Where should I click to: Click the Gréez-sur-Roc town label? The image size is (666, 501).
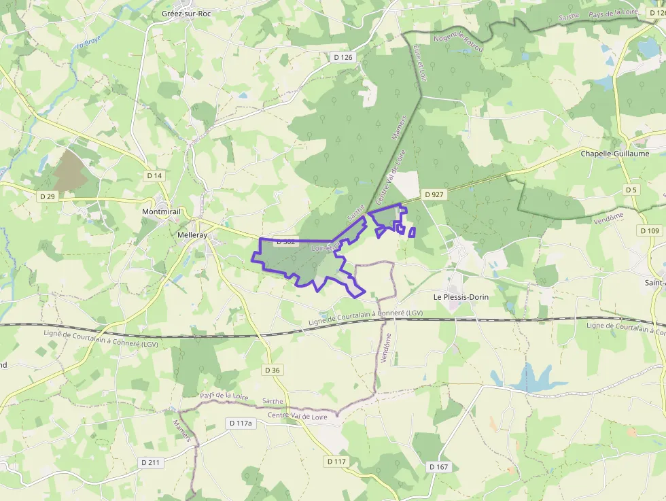(x=187, y=13)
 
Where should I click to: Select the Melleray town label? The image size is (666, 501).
(x=193, y=235)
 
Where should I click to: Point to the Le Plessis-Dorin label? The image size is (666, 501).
(x=461, y=297)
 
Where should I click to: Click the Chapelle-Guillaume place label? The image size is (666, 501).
(x=614, y=154)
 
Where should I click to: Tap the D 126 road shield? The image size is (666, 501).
(x=344, y=57)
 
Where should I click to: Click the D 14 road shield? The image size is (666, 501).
(x=154, y=175)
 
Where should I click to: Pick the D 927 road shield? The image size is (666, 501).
(x=434, y=194)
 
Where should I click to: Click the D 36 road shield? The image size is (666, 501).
(x=272, y=370)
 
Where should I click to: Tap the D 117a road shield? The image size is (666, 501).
(x=241, y=424)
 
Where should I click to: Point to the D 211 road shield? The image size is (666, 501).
(x=150, y=462)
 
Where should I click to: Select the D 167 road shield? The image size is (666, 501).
(x=439, y=467)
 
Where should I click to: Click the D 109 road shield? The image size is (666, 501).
(x=650, y=231)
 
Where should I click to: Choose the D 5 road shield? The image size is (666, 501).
(x=631, y=189)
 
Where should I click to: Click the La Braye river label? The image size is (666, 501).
(x=84, y=50)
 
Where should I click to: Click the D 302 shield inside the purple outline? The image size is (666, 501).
(x=285, y=241)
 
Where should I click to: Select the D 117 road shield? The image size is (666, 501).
(x=336, y=462)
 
